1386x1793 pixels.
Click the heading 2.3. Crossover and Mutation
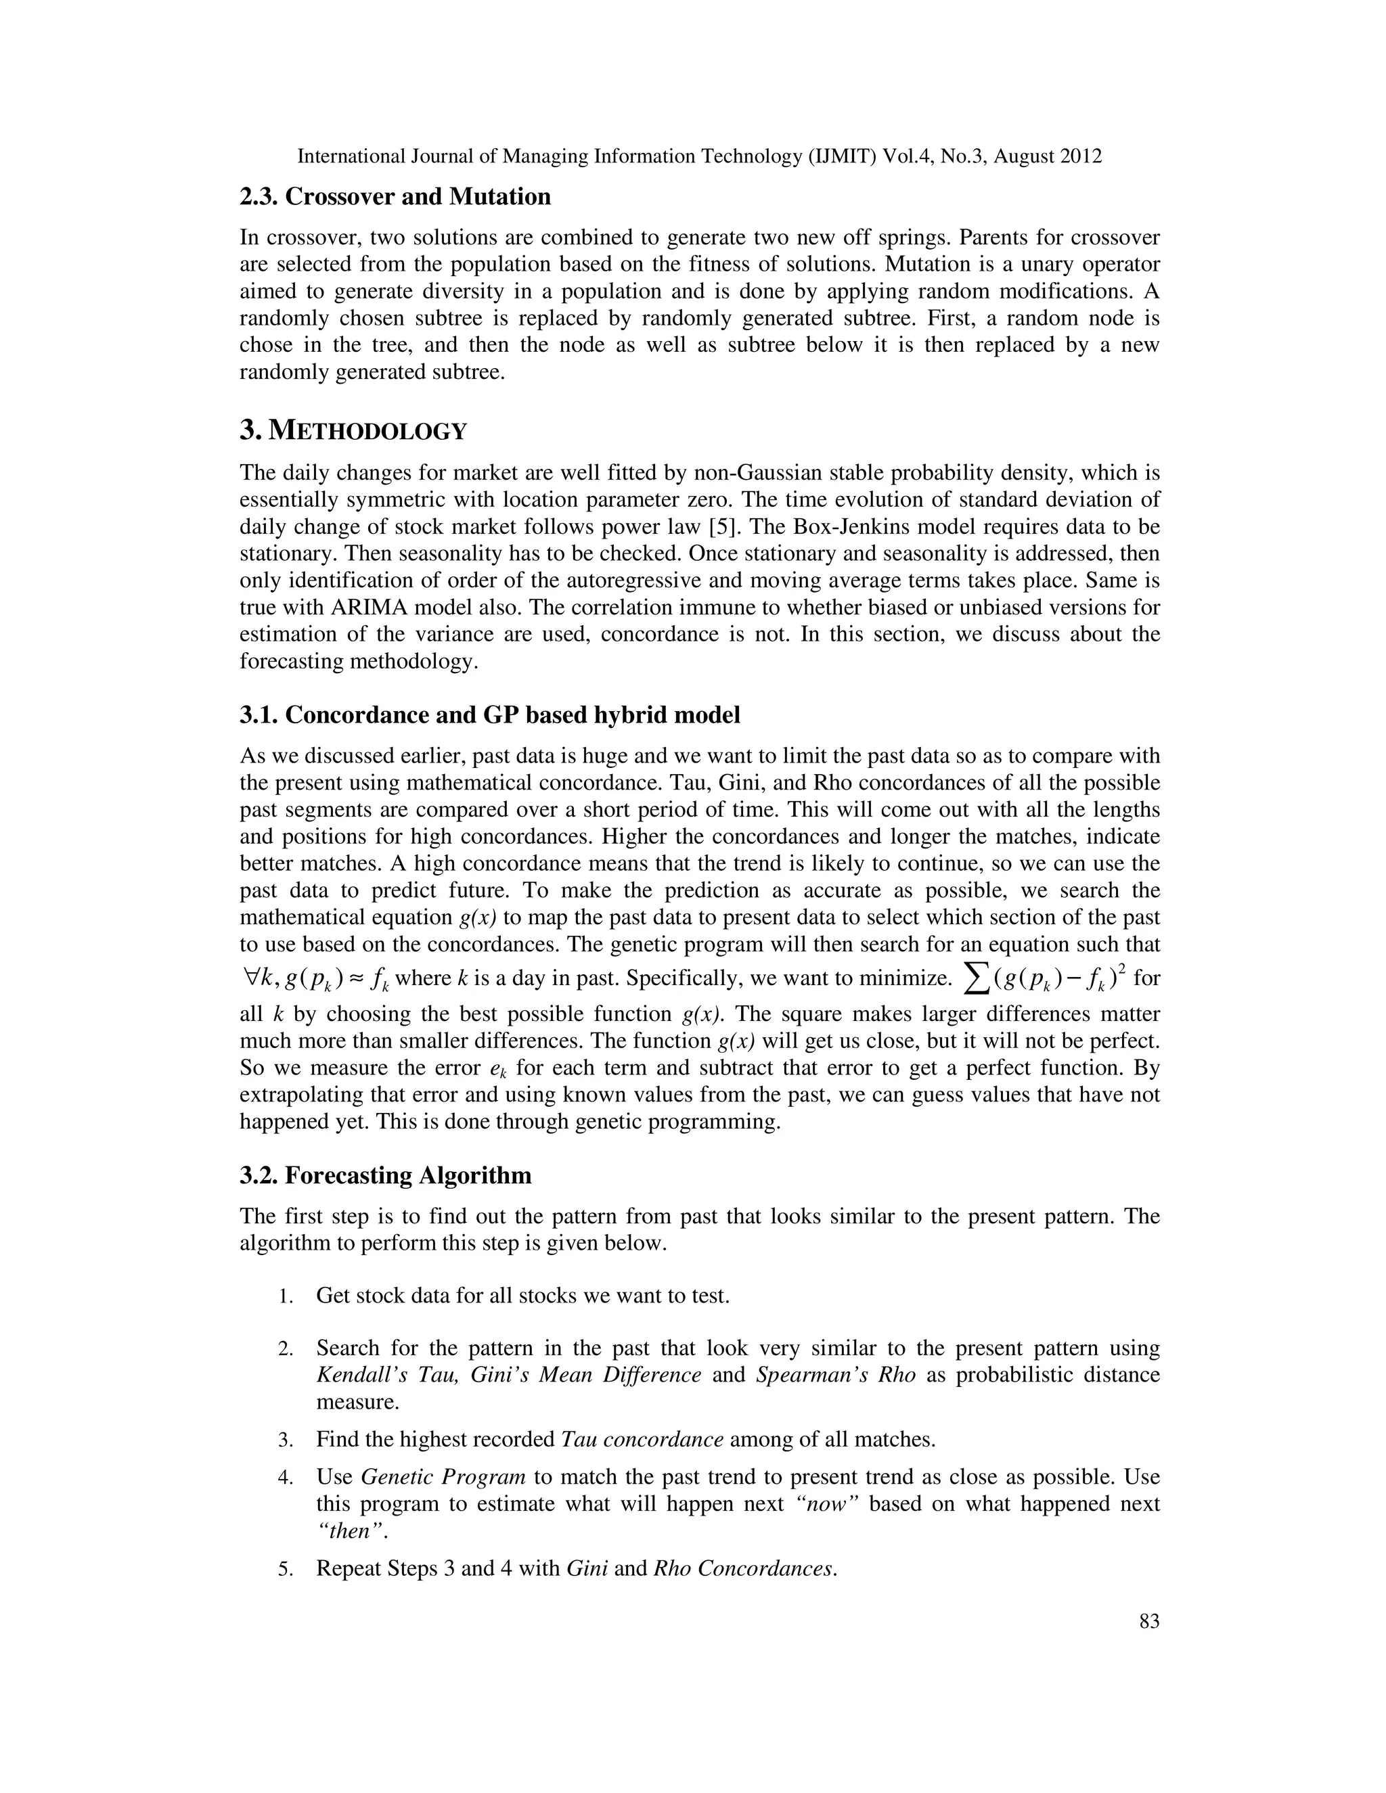[x=395, y=197]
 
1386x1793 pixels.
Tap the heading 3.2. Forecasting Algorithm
[x=385, y=1176]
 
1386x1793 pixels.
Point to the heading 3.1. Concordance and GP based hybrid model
[x=489, y=715]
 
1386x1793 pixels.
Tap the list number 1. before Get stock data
[x=285, y=1297]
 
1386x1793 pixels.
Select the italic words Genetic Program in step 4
[x=443, y=1477]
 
